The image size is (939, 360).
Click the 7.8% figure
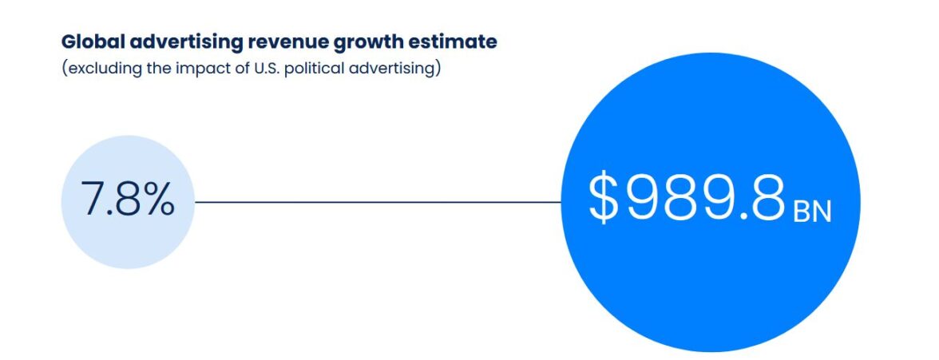pos(128,199)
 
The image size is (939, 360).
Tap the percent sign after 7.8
pos(158,199)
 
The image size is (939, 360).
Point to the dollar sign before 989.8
pos(603,198)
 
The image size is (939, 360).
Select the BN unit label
pos(812,212)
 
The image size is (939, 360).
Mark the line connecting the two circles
pos(378,202)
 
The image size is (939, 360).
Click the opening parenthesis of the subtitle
pos(64,69)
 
